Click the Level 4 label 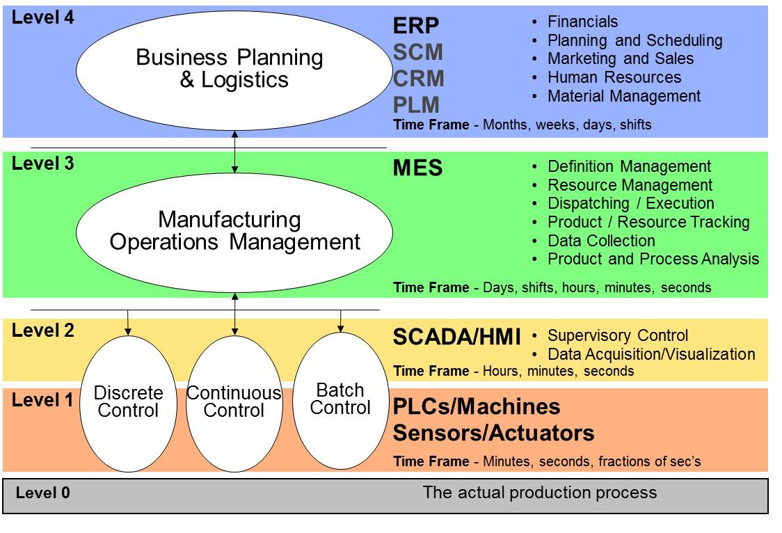click(x=43, y=17)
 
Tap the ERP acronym click(x=416, y=26)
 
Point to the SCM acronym click(x=418, y=52)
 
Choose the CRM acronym click(x=418, y=78)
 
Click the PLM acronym click(x=417, y=104)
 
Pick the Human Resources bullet click(x=614, y=77)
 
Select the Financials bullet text click(x=582, y=22)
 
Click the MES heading click(x=418, y=168)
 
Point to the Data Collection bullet click(x=602, y=241)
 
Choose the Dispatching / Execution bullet click(x=631, y=203)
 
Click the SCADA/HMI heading click(x=457, y=337)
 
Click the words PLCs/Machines click(x=477, y=406)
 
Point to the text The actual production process click(x=540, y=493)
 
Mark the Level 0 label click(x=43, y=493)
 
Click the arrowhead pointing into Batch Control click(x=341, y=328)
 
